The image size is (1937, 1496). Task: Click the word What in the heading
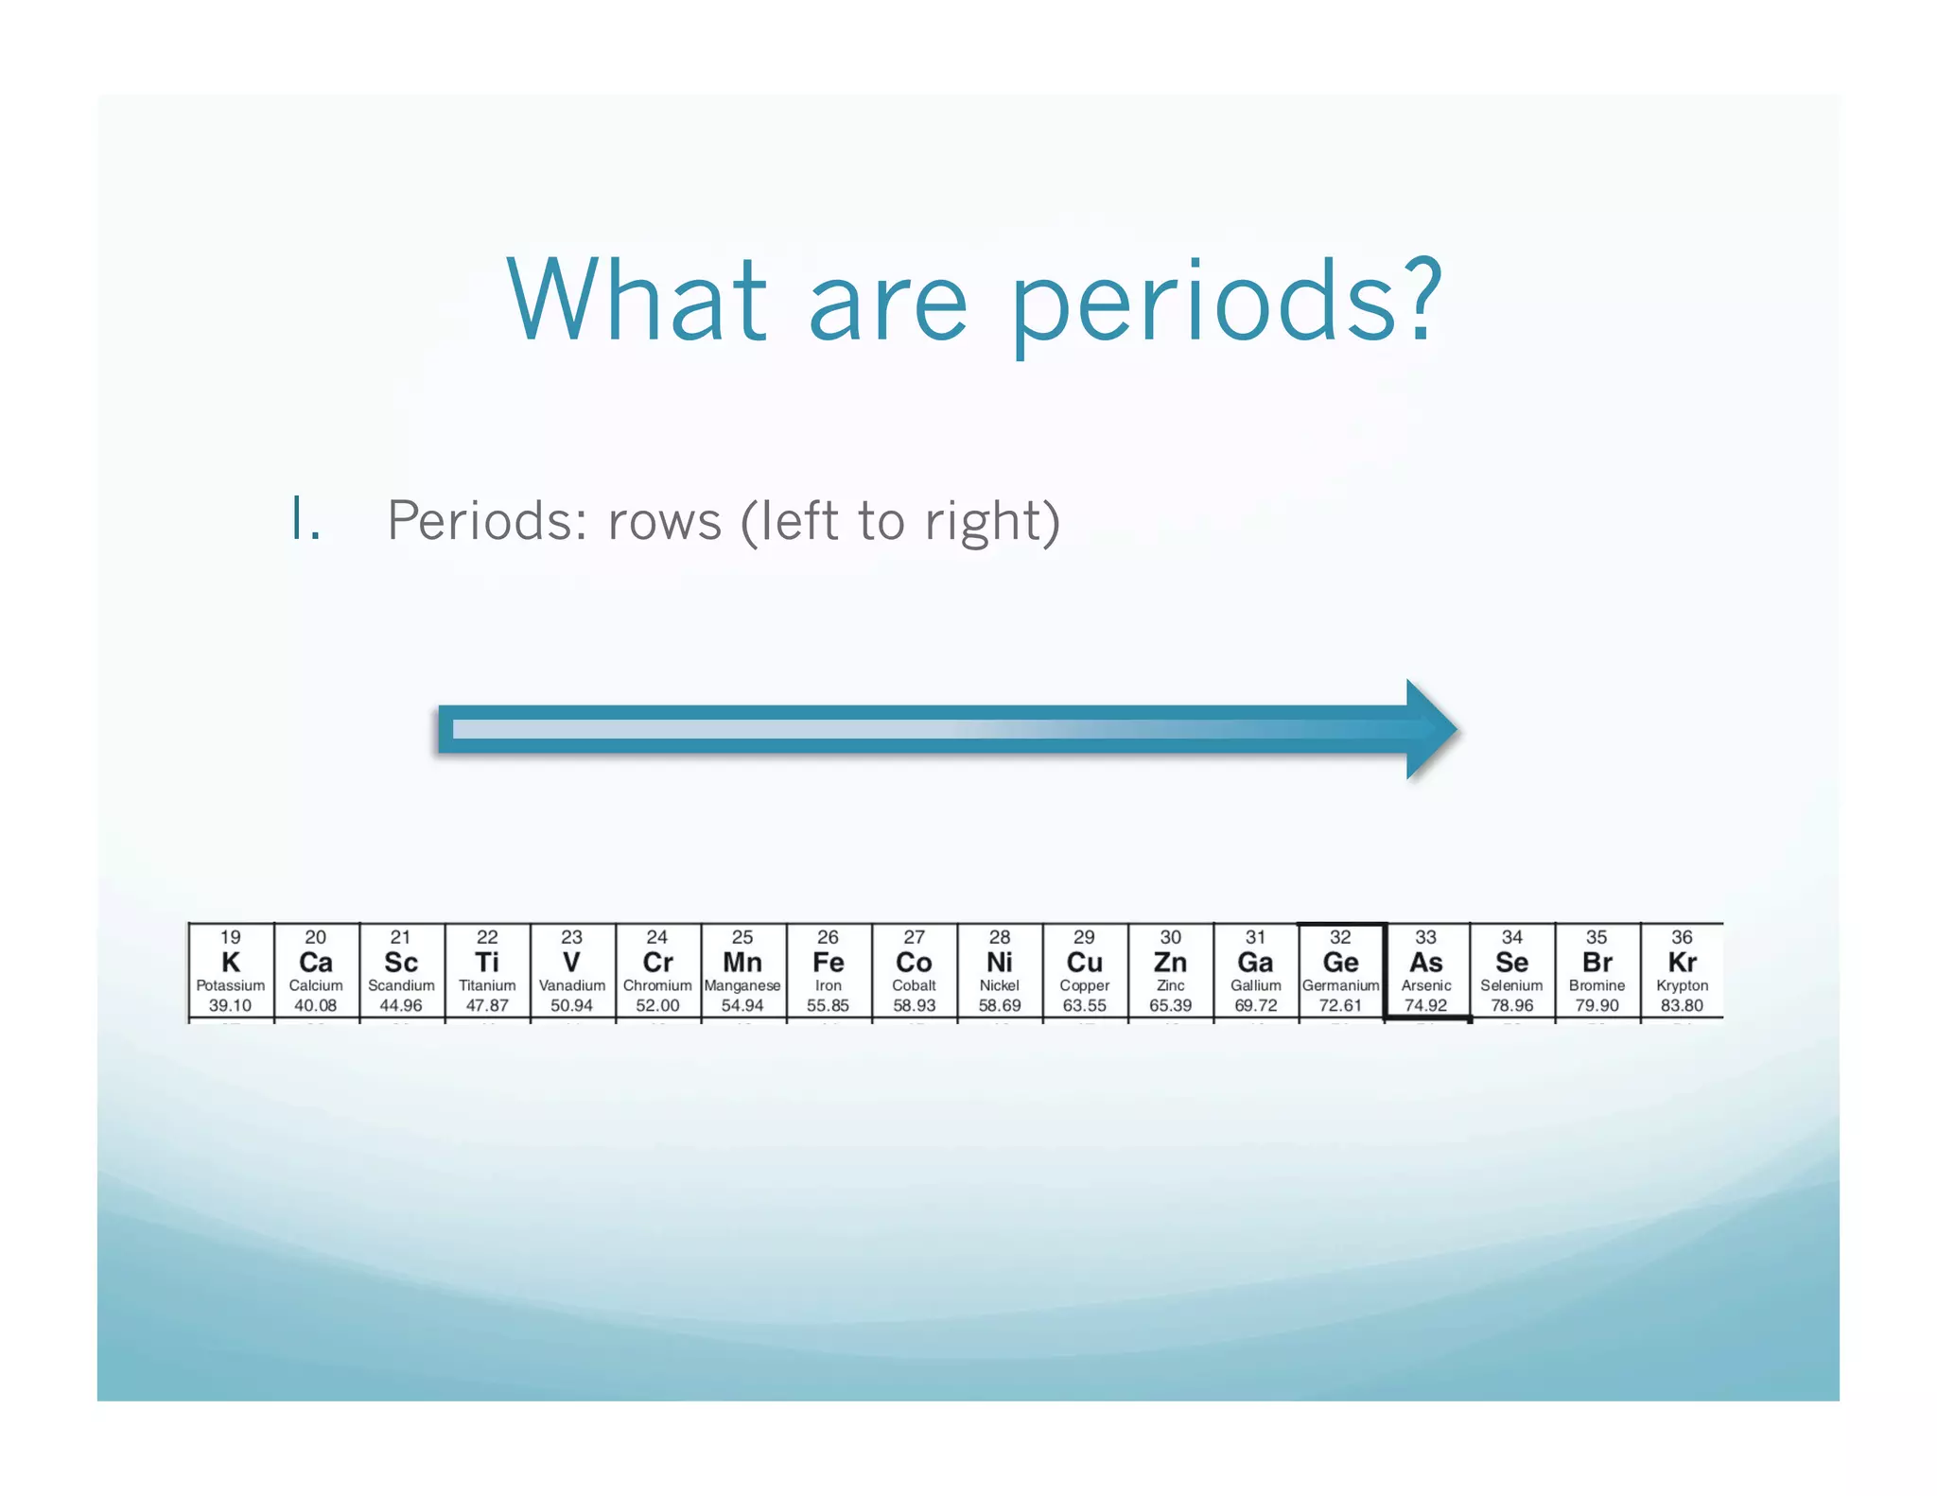pyautogui.click(x=637, y=300)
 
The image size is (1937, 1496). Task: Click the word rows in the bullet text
pyautogui.click(x=665, y=521)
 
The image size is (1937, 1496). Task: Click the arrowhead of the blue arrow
pyautogui.click(x=1431, y=729)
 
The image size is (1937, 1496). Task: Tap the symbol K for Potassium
pyautogui.click(x=230, y=963)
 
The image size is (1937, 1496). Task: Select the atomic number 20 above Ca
pyautogui.click(x=315, y=937)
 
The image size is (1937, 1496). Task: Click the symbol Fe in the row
pyautogui.click(x=828, y=963)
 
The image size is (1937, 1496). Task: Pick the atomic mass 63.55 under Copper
pyautogui.click(x=1084, y=1005)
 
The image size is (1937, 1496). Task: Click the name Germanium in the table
pyautogui.click(x=1340, y=985)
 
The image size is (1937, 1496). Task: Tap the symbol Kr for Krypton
pyautogui.click(x=1682, y=963)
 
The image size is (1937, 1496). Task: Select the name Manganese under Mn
pyautogui.click(x=742, y=985)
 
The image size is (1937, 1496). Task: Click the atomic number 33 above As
pyautogui.click(x=1425, y=937)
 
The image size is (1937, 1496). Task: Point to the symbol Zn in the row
pyautogui.click(x=1170, y=963)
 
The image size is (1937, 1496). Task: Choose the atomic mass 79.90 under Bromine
pyautogui.click(x=1597, y=1005)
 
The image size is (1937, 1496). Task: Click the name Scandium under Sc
pyautogui.click(x=401, y=985)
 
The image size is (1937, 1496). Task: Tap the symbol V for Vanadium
pyautogui.click(x=571, y=963)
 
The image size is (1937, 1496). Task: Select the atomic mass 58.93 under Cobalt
pyautogui.click(x=914, y=1005)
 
